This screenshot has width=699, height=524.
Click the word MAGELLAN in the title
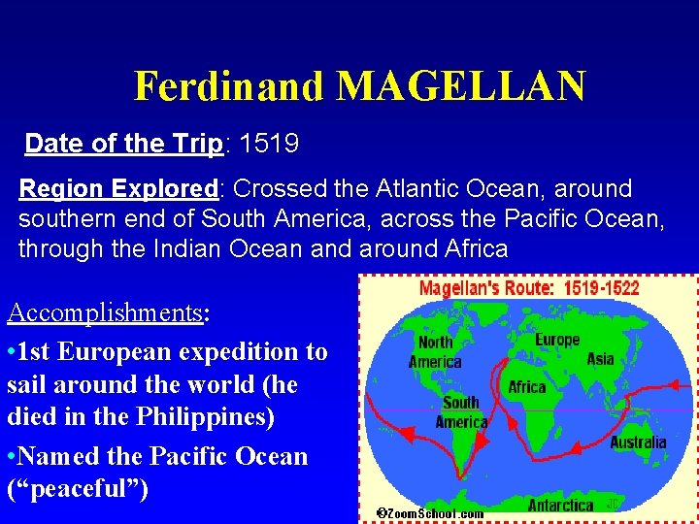tap(461, 86)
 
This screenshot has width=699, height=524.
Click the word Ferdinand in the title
tap(229, 86)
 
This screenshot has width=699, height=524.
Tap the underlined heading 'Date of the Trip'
tap(124, 145)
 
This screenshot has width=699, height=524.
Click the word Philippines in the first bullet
tap(204, 418)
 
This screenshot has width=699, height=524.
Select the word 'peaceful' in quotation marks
tap(77, 488)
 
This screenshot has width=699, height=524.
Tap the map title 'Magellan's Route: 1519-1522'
tap(529, 288)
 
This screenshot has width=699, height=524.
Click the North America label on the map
tap(436, 351)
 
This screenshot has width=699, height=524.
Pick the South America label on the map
tap(461, 411)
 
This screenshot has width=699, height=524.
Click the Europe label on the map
tap(557, 340)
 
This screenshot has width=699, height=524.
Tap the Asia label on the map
tap(600, 359)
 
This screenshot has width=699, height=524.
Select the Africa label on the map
tap(527, 387)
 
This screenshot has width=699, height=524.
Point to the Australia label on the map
tap(638, 442)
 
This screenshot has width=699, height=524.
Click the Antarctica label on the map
tap(560, 505)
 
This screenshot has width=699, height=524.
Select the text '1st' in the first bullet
tap(38, 350)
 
